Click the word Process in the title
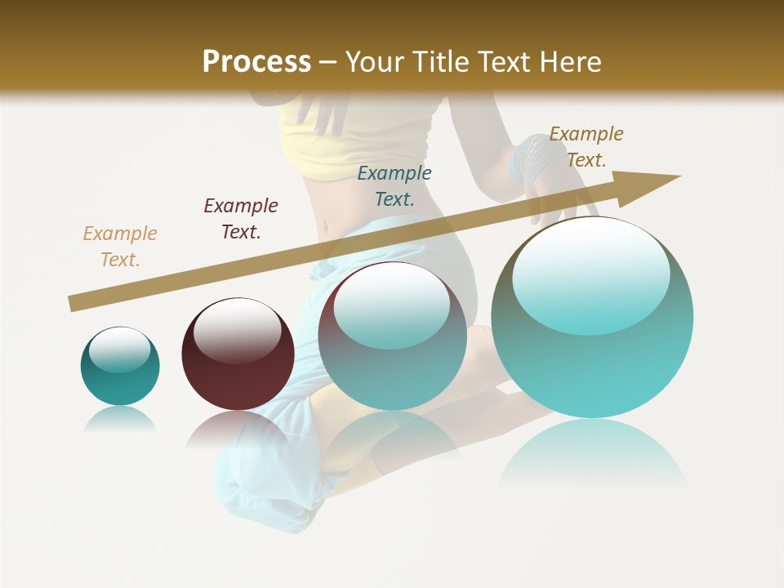[x=256, y=62]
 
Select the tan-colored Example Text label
[x=120, y=246]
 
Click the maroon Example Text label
[x=241, y=218]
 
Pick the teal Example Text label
[x=394, y=185]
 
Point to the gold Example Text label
[x=586, y=146]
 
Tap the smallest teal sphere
[x=120, y=366]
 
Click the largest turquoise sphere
[x=592, y=343]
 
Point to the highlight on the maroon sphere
[x=237, y=331]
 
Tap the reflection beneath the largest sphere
[x=592, y=453]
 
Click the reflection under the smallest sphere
[x=120, y=419]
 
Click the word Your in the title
[x=376, y=62]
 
